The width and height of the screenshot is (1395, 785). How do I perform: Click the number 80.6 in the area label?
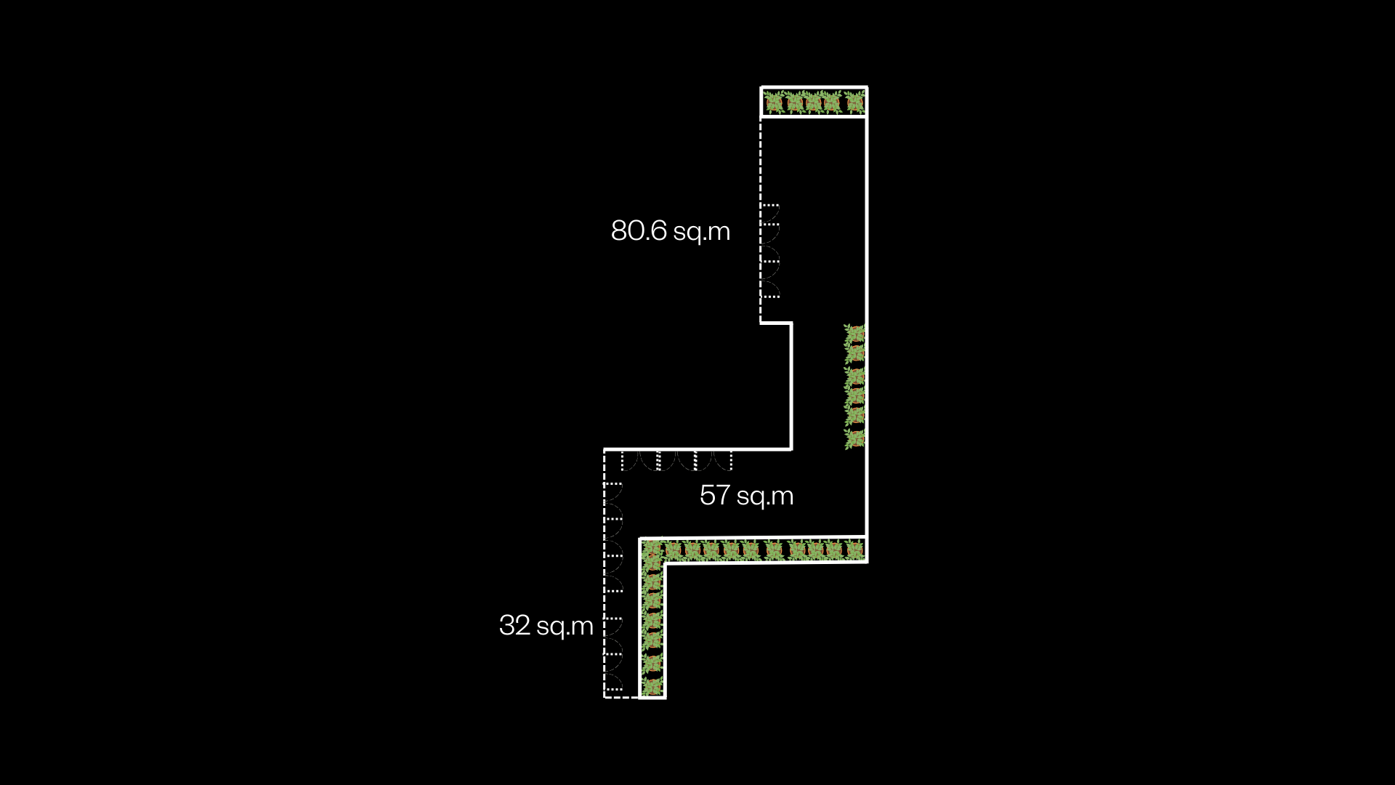click(639, 231)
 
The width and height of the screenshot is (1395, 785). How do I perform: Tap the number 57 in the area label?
click(714, 496)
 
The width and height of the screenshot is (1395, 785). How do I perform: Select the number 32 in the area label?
click(515, 626)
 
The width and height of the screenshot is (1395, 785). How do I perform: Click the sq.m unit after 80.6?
click(701, 232)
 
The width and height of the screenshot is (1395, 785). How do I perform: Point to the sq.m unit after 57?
click(765, 496)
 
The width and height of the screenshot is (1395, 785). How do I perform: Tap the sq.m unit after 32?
click(565, 627)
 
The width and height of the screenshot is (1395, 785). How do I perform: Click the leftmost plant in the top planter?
click(775, 102)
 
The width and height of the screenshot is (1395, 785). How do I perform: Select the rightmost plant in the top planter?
click(855, 102)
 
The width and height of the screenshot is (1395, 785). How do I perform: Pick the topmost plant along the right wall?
click(855, 336)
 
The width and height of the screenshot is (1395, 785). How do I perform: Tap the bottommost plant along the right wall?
click(855, 438)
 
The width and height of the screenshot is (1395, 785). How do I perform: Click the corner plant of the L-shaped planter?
click(652, 551)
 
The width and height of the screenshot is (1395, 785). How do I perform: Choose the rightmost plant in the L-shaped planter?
click(855, 549)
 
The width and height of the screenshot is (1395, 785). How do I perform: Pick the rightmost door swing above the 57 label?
click(722, 460)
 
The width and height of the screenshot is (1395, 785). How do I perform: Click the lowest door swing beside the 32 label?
click(614, 681)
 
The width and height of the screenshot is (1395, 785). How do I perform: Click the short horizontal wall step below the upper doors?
click(776, 323)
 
